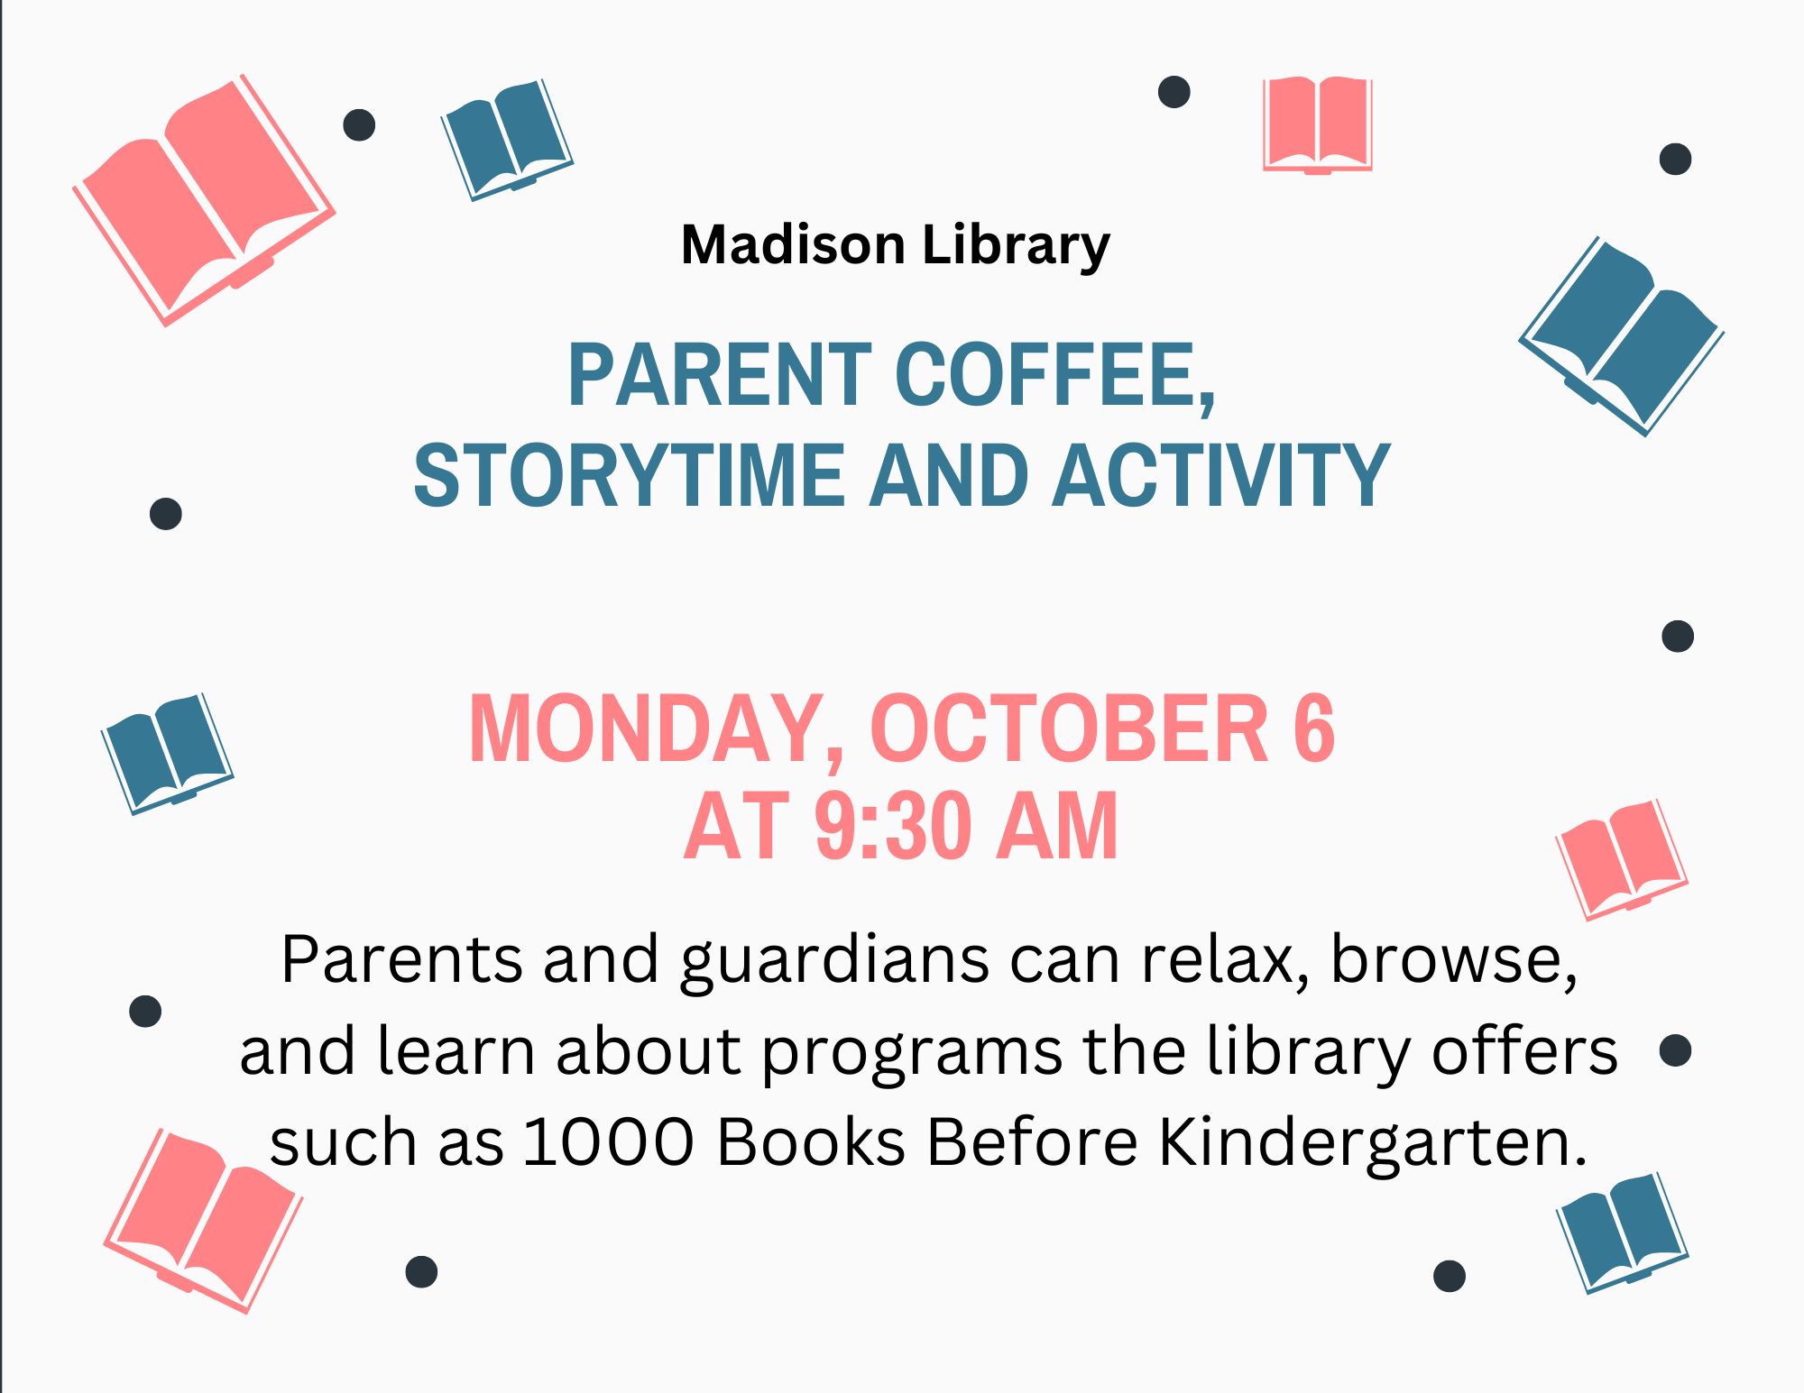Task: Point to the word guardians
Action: (834, 961)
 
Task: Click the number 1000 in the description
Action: (609, 1142)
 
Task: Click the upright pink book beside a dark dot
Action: (1317, 124)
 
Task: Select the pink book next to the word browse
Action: (1621, 859)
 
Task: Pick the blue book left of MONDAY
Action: (167, 753)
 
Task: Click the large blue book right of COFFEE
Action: (1622, 336)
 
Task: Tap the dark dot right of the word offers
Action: (1675, 1050)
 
